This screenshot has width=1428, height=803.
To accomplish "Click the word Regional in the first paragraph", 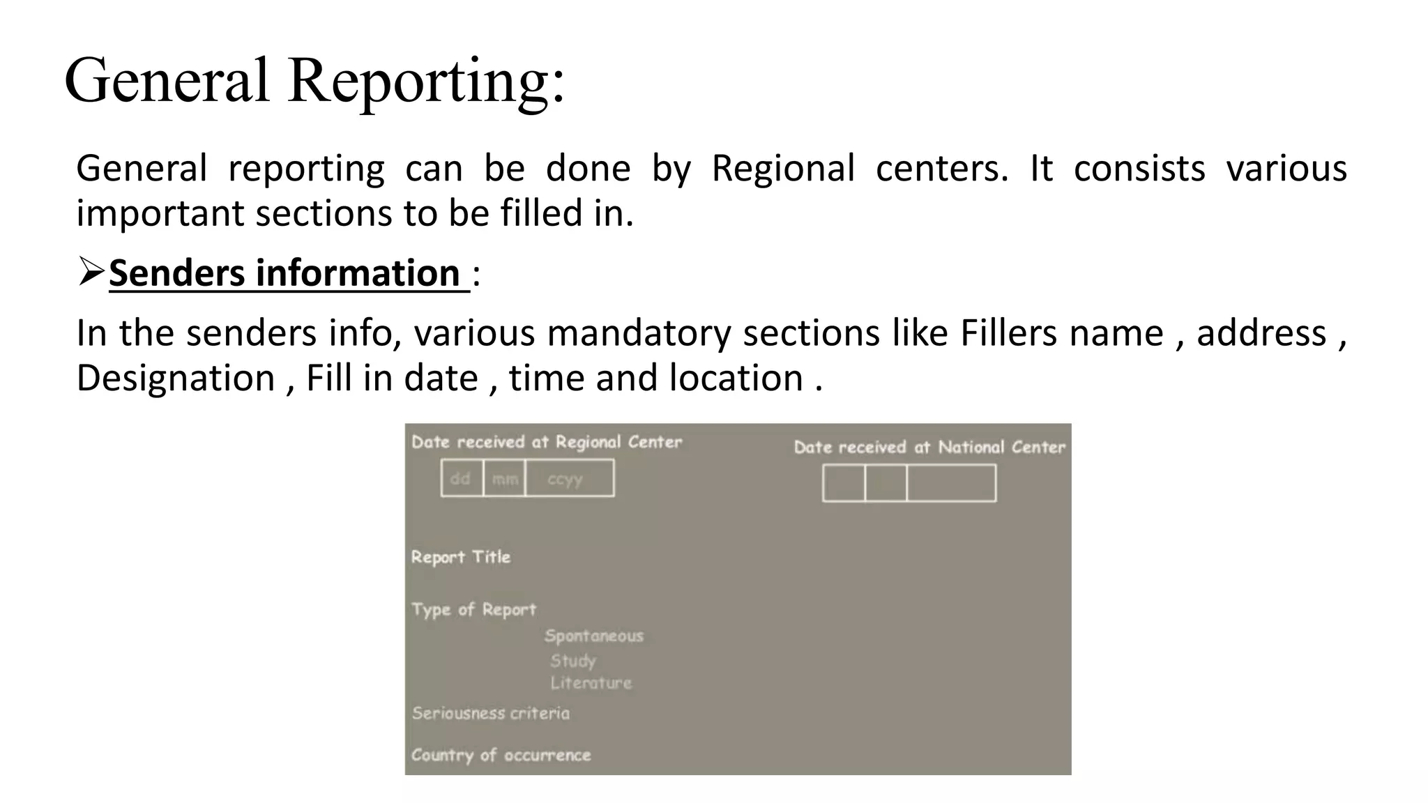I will click(x=782, y=169).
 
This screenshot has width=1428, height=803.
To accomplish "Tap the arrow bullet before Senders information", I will click(x=91, y=272).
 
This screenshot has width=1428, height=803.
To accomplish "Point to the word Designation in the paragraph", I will click(x=176, y=378).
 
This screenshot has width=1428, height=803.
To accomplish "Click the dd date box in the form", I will click(x=462, y=478).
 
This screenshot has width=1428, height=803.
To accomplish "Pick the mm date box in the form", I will click(x=504, y=478).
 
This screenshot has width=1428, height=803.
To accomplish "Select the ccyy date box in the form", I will click(x=569, y=478).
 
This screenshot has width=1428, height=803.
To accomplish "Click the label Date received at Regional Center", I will click(x=547, y=442).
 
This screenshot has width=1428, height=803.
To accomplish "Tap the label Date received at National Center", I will click(x=929, y=448).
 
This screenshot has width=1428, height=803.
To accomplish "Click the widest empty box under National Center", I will click(x=951, y=484).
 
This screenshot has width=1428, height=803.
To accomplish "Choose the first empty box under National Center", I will click(x=844, y=484).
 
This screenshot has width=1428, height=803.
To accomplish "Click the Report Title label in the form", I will click(x=460, y=557).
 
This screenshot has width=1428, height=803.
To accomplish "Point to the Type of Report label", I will click(x=473, y=609).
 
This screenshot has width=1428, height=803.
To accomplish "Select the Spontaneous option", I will click(x=593, y=636).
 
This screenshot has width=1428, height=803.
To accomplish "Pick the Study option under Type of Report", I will click(x=572, y=660).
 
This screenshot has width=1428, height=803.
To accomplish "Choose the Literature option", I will click(x=591, y=683).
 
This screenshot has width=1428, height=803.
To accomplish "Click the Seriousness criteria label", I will click(x=490, y=713).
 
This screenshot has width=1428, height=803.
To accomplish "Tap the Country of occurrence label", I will click(x=501, y=755).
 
